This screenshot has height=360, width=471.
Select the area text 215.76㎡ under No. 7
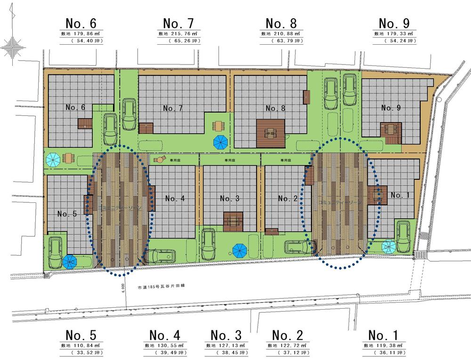click(x=183, y=34)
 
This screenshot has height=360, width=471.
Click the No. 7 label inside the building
click(x=173, y=108)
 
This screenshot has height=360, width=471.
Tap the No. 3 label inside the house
click(x=230, y=199)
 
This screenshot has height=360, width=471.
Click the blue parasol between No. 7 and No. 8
click(x=220, y=141)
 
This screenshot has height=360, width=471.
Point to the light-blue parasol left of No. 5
click(x=53, y=160)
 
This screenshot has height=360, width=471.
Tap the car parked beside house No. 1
click(x=403, y=236)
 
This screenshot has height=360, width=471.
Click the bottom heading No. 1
click(x=383, y=336)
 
